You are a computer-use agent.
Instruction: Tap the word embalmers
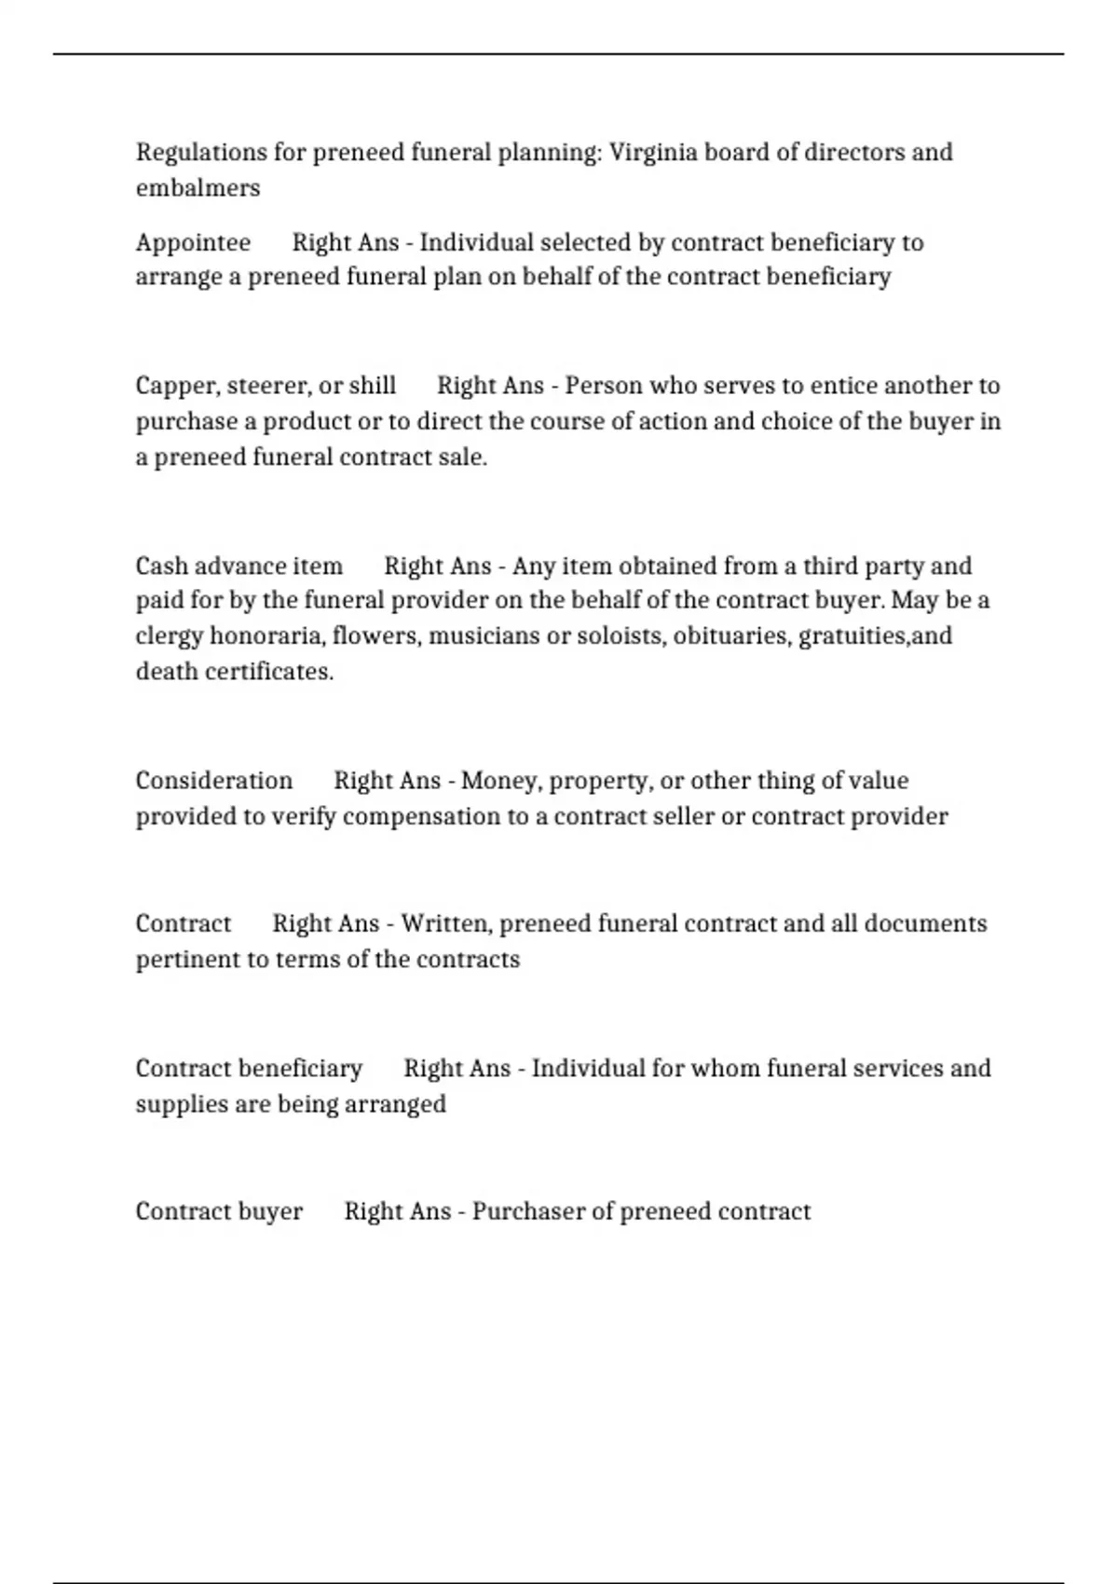click(x=198, y=187)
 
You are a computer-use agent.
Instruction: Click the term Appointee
click(x=193, y=242)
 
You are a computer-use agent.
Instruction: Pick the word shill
click(x=372, y=386)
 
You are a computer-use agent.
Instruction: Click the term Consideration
click(x=213, y=780)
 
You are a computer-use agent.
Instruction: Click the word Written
click(x=445, y=923)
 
